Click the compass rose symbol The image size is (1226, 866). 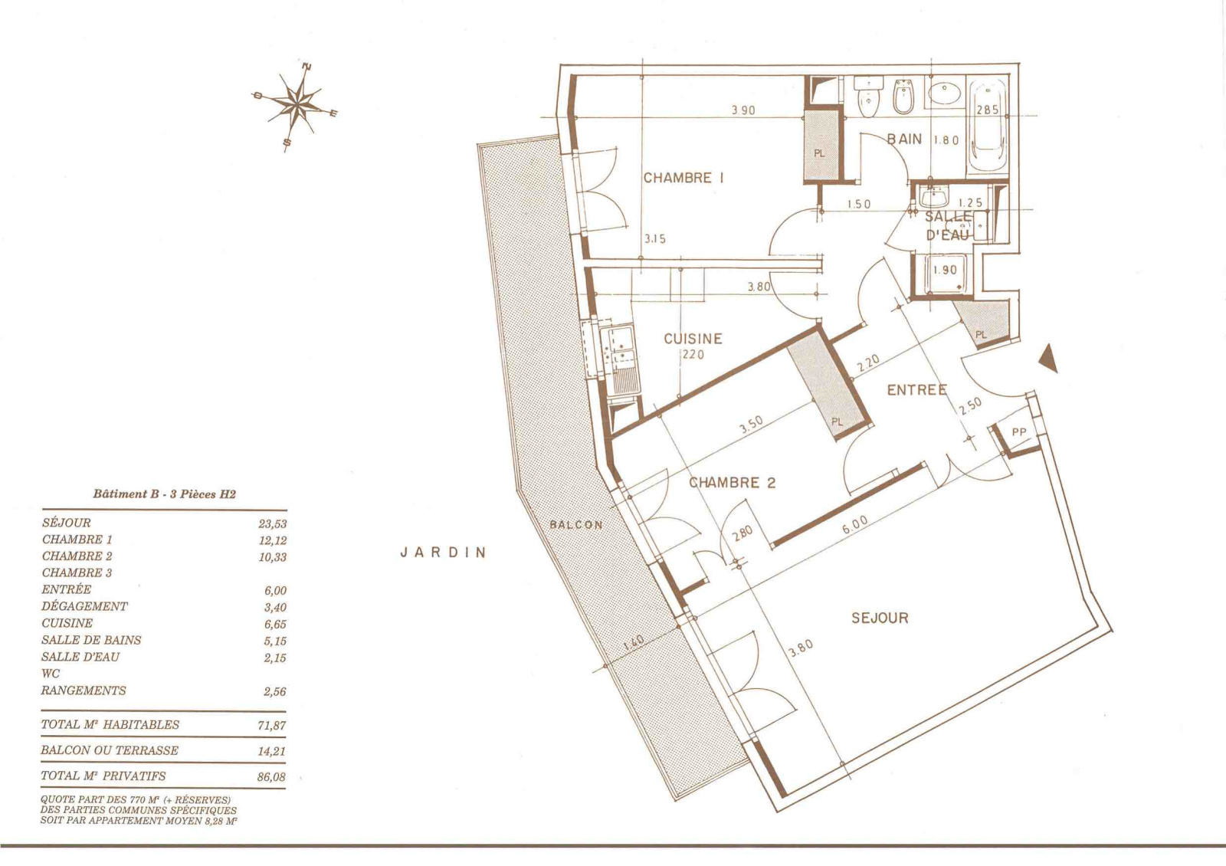(x=295, y=103)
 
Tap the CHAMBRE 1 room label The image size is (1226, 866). (x=683, y=178)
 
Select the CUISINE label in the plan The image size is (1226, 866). (x=693, y=339)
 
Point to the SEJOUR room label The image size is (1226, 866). (x=880, y=618)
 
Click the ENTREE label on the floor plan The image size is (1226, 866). (x=916, y=390)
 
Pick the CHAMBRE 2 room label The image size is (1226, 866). (x=733, y=483)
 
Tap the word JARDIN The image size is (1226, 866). (x=444, y=553)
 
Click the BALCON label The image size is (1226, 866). (x=576, y=524)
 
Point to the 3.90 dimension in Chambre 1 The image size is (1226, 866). (x=743, y=110)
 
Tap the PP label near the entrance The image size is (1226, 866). (x=1019, y=432)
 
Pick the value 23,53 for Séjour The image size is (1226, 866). (x=273, y=524)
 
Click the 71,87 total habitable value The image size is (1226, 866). (x=272, y=726)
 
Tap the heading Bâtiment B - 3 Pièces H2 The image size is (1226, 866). (x=164, y=494)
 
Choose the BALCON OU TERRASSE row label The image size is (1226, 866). (x=110, y=750)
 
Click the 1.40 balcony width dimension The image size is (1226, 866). (x=634, y=644)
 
